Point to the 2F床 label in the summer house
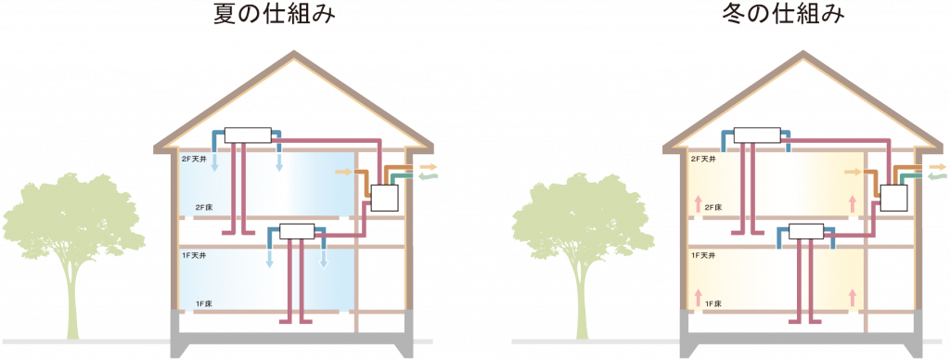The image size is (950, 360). coord(206,207)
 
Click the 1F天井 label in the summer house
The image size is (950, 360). coord(195,253)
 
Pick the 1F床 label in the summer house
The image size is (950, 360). coord(206,303)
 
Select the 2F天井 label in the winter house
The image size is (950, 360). coord(705,160)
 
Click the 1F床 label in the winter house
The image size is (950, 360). coord(714,303)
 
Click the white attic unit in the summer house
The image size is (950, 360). coord(247,135)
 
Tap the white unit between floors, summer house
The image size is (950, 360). coord(298,230)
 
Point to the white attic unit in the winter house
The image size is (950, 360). coord(757,135)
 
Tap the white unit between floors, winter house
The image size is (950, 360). coord(807,230)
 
